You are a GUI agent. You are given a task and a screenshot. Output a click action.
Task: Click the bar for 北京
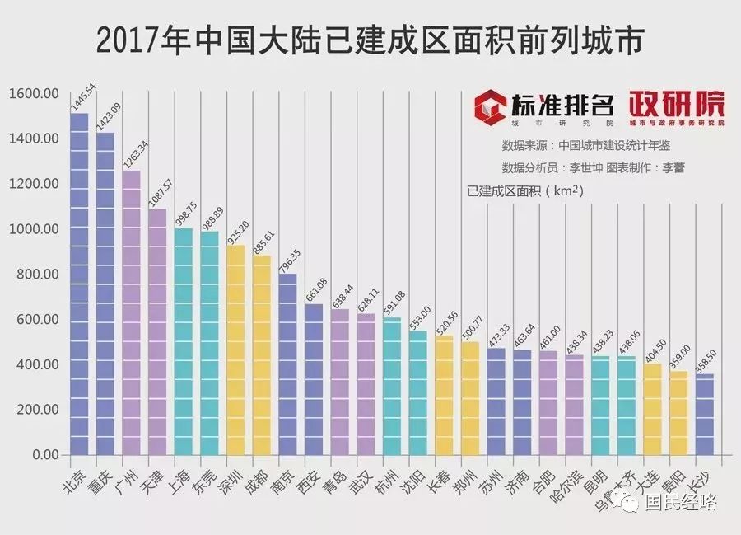point(79,284)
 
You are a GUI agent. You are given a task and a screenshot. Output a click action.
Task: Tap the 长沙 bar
point(704,414)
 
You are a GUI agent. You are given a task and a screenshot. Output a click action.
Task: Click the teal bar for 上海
point(184,341)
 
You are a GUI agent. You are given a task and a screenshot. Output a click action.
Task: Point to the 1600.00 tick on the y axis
point(34,93)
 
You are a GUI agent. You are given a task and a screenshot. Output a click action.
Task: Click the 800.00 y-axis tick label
point(34,274)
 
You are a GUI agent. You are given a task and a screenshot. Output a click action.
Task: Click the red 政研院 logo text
point(678,104)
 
